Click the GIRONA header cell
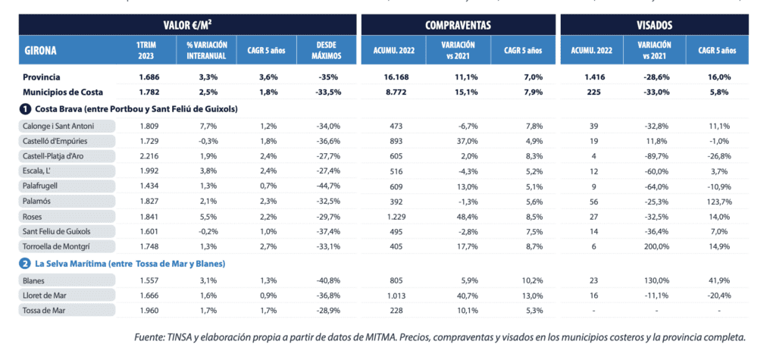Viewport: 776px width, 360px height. click(41, 52)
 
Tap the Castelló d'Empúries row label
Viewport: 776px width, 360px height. click(53, 142)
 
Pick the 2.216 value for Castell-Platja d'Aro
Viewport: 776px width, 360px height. click(148, 156)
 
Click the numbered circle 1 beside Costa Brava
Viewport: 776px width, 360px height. click(25, 108)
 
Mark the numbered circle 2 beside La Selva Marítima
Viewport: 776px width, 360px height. click(25, 263)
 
